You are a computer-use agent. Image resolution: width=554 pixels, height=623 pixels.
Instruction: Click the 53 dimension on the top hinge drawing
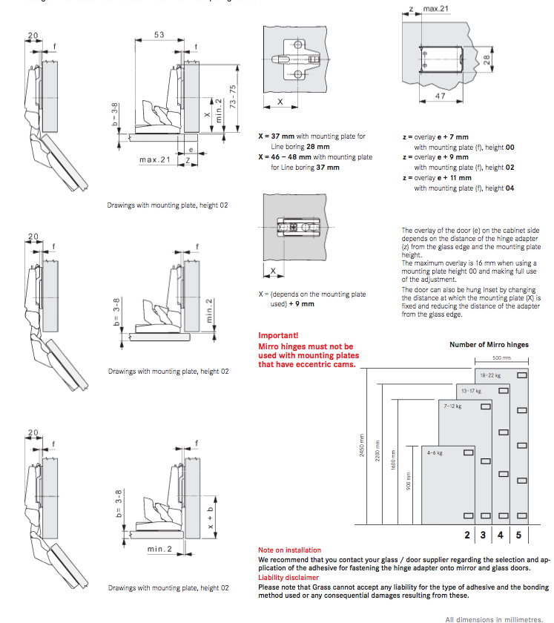(x=159, y=34)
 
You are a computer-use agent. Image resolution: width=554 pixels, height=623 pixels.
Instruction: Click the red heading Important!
(x=278, y=335)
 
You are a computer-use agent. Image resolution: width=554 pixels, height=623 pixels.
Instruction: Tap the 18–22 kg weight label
(x=491, y=376)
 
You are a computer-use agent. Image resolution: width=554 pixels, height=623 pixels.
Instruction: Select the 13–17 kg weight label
(x=472, y=390)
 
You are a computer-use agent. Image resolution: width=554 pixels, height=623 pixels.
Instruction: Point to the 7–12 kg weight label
(x=452, y=406)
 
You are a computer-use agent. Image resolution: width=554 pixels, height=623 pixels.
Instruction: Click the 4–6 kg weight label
(x=435, y=452)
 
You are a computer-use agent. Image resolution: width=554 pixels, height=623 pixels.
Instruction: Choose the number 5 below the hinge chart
(x=519, y=534)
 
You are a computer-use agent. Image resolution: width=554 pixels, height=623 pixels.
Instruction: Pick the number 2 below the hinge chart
(x=468, y=534)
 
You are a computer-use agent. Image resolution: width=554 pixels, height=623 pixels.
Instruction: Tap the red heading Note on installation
(x=290, y=550)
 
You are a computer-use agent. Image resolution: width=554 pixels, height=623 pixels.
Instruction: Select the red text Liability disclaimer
(x=288, y=576)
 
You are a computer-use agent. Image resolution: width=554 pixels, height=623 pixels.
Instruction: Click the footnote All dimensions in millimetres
(x=494, y=618)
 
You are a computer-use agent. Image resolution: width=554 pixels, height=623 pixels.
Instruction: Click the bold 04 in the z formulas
(x=509, y=188)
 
